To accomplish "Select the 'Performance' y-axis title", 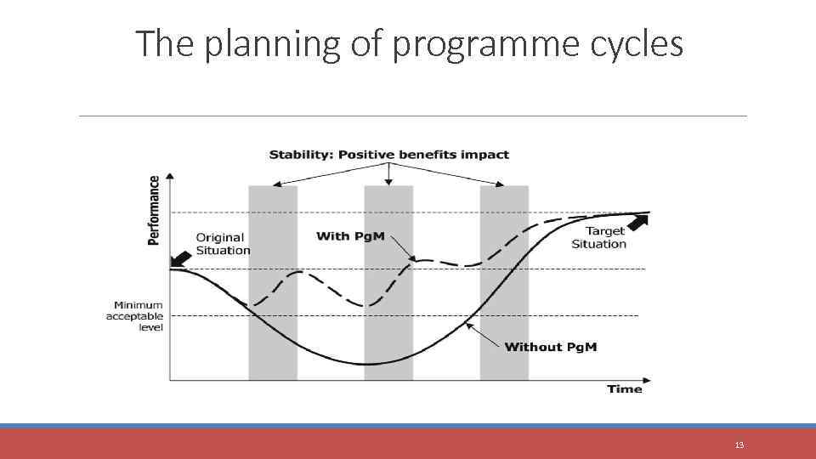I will (154, 210).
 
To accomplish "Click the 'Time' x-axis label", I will (625, 388).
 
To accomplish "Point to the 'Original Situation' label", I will (223, 244).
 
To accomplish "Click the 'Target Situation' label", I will (599, 237).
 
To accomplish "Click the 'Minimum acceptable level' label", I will (134, 315).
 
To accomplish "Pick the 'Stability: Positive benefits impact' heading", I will (388, 154).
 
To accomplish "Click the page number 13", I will (739, 445).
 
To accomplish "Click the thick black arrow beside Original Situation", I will (180, 259).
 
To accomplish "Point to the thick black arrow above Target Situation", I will (636, 224).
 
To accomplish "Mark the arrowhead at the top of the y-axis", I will (170, 177).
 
